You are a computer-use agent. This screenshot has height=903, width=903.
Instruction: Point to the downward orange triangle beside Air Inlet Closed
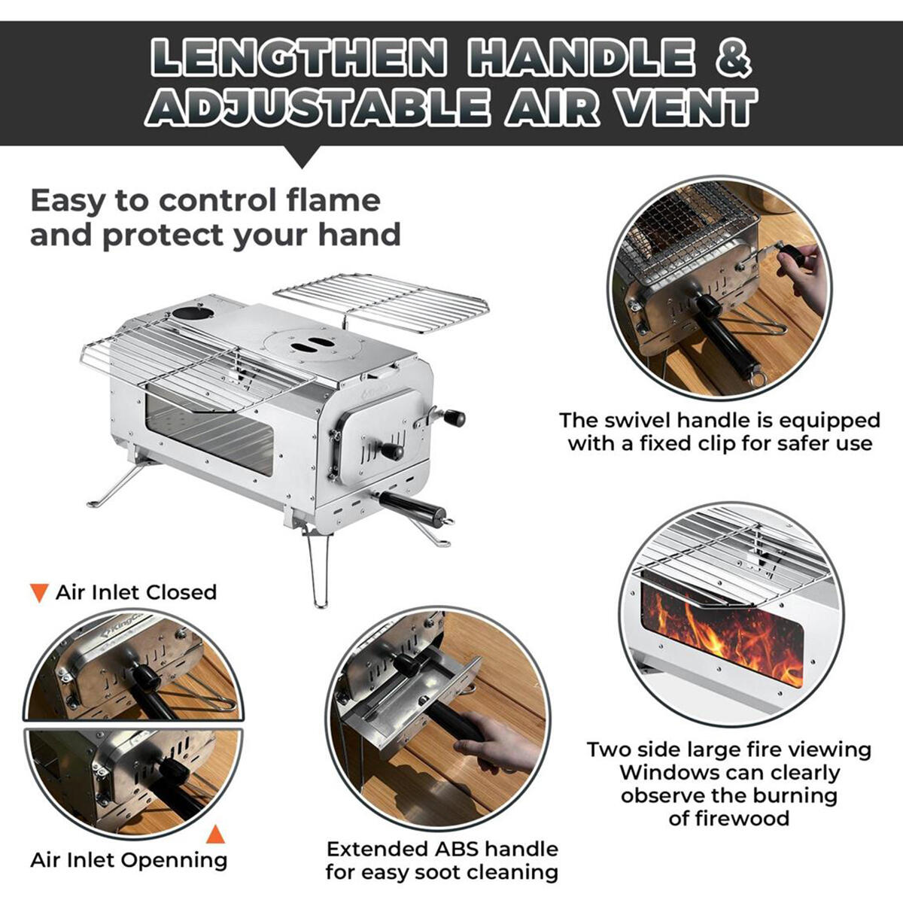(39, 593)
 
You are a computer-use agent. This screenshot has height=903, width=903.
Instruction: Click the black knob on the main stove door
(391, 451)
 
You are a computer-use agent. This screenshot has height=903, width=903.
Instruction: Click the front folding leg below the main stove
(319, 570)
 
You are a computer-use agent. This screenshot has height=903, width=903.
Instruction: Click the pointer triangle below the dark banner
(303, 157)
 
